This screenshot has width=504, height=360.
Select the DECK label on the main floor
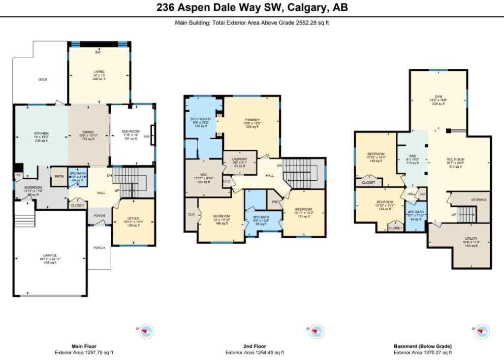(x=43, y=79)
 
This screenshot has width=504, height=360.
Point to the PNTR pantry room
(x=59, y=177)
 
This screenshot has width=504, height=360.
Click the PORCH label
(x=99, y=247)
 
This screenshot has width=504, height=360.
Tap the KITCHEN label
(x=41, y=133)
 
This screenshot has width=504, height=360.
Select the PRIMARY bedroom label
(x=252, y=120)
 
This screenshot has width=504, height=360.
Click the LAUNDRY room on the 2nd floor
(x=239, y=162)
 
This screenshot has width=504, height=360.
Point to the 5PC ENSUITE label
(x=201, y=119)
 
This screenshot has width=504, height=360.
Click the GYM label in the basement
(x=438, y=97)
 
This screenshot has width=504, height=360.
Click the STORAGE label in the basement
(x=479, y=199)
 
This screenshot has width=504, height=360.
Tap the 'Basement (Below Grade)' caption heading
(x=422, y=346)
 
